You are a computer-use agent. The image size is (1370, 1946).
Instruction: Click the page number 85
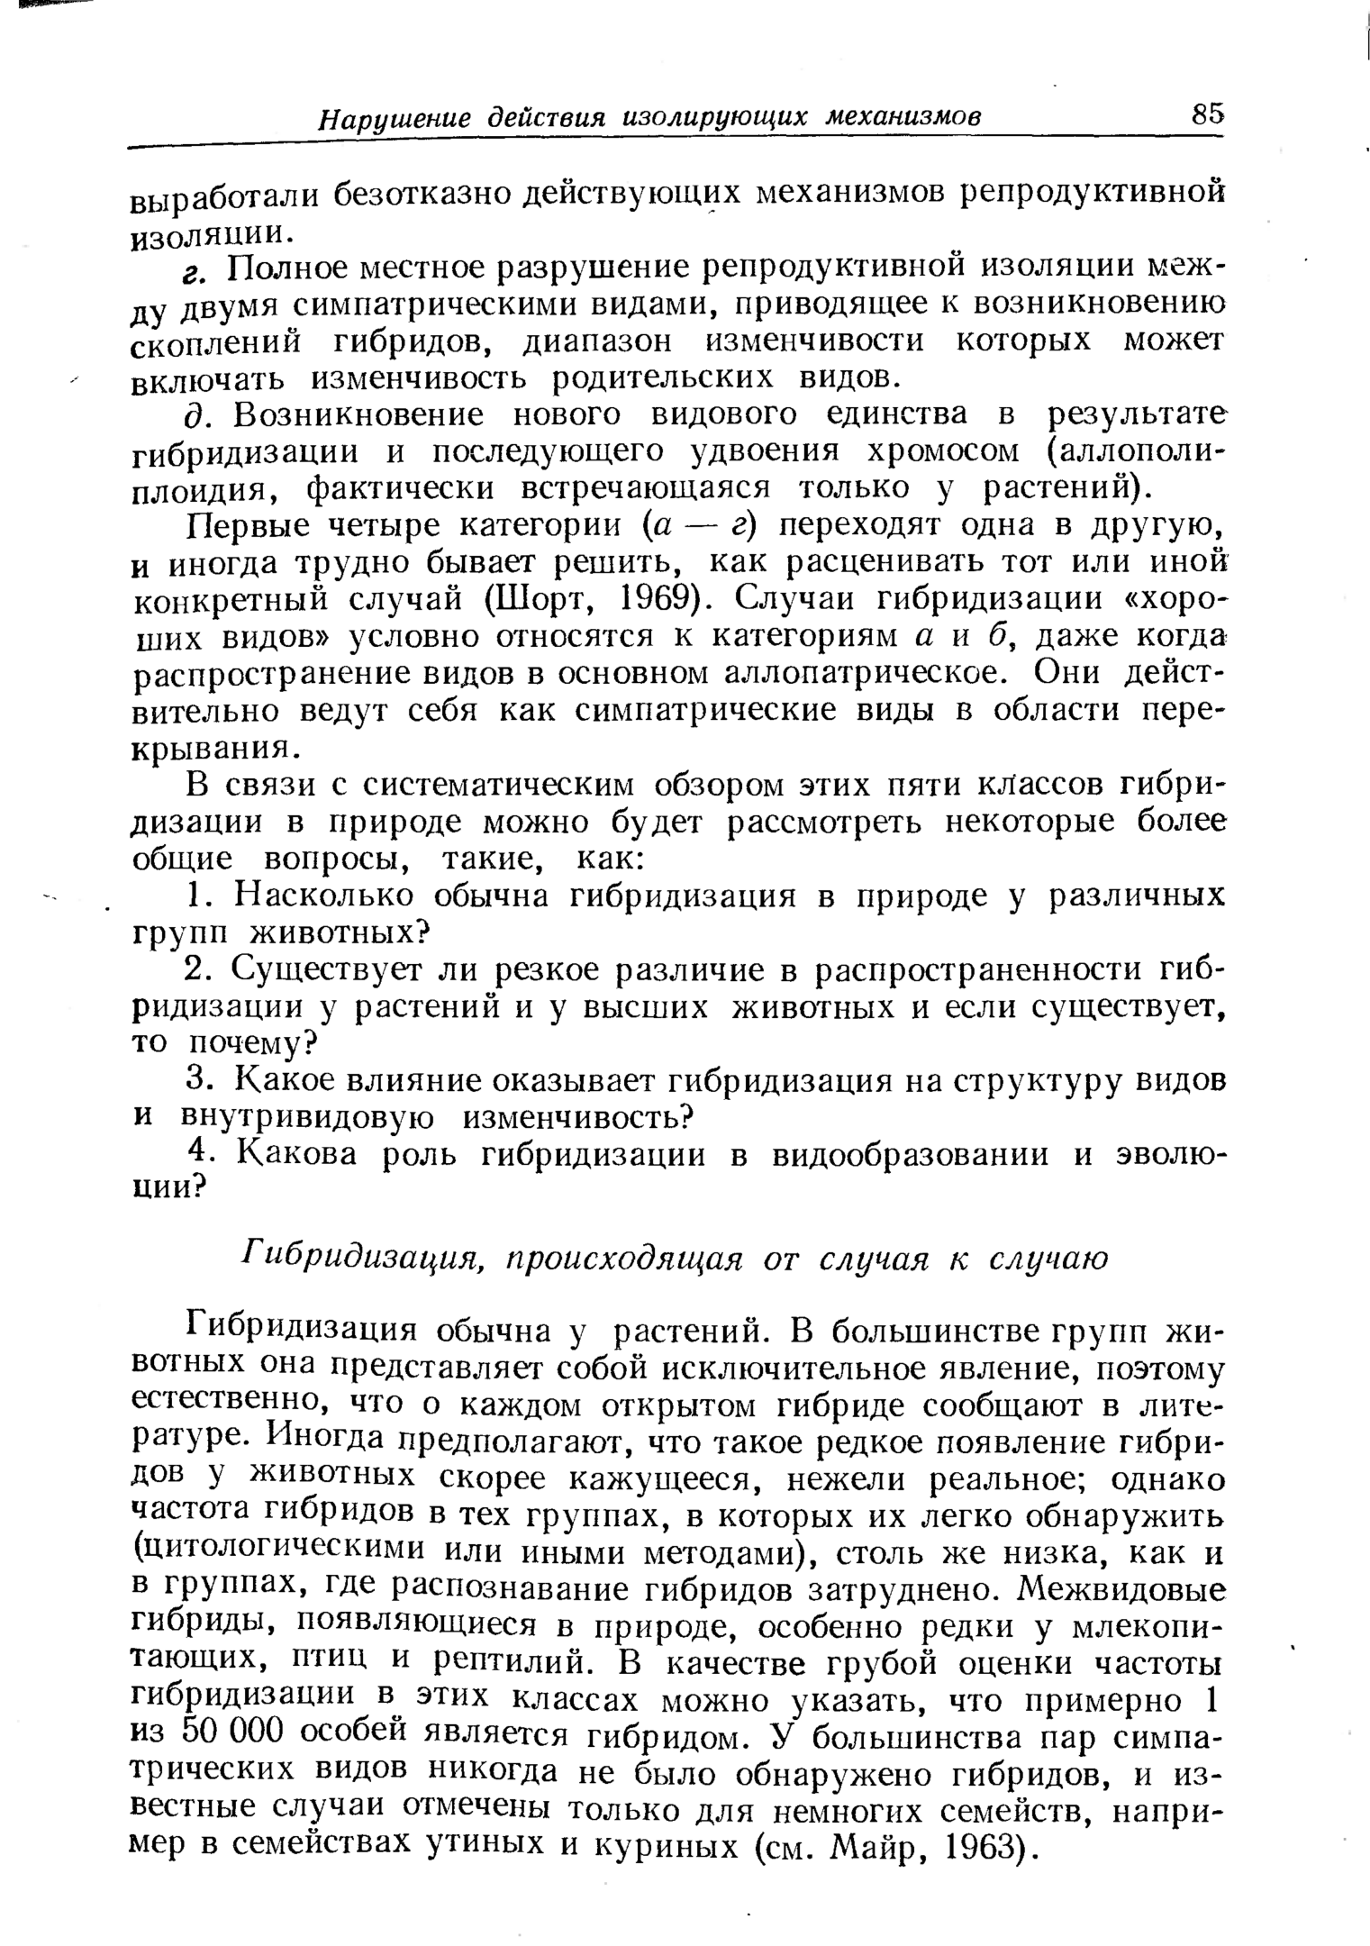click(x=1206, y=114)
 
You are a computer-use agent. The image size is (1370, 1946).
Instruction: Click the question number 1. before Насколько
click(x=200, y=896)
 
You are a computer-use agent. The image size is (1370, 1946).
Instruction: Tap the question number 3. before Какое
click(x=200, y=1080)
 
